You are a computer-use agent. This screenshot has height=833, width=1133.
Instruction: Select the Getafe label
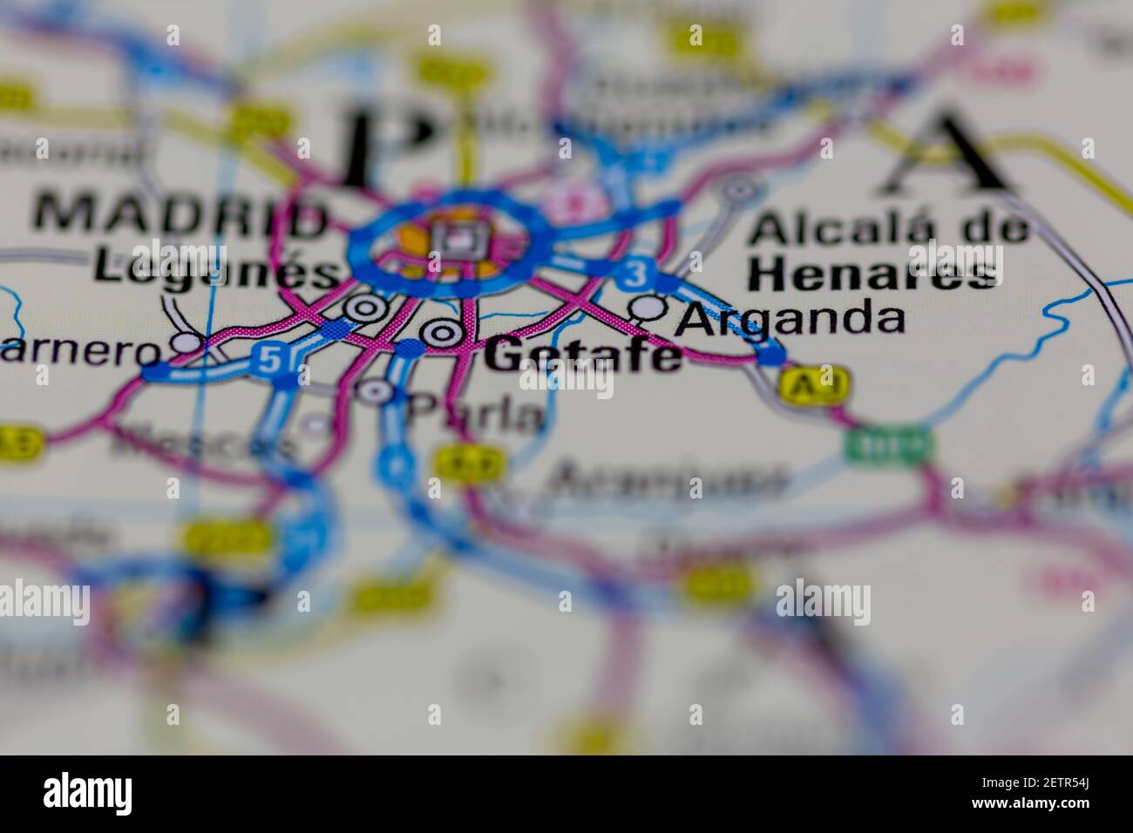[582, 356]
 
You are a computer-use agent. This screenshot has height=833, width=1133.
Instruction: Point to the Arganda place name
[790, 318]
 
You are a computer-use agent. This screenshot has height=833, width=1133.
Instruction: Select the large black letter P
[388, 144]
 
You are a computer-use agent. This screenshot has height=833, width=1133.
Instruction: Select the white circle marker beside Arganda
[648, 307]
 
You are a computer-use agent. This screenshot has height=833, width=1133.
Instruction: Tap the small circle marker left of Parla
[377, 391]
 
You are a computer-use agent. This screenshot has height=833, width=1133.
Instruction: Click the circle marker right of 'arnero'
[187, 344]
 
